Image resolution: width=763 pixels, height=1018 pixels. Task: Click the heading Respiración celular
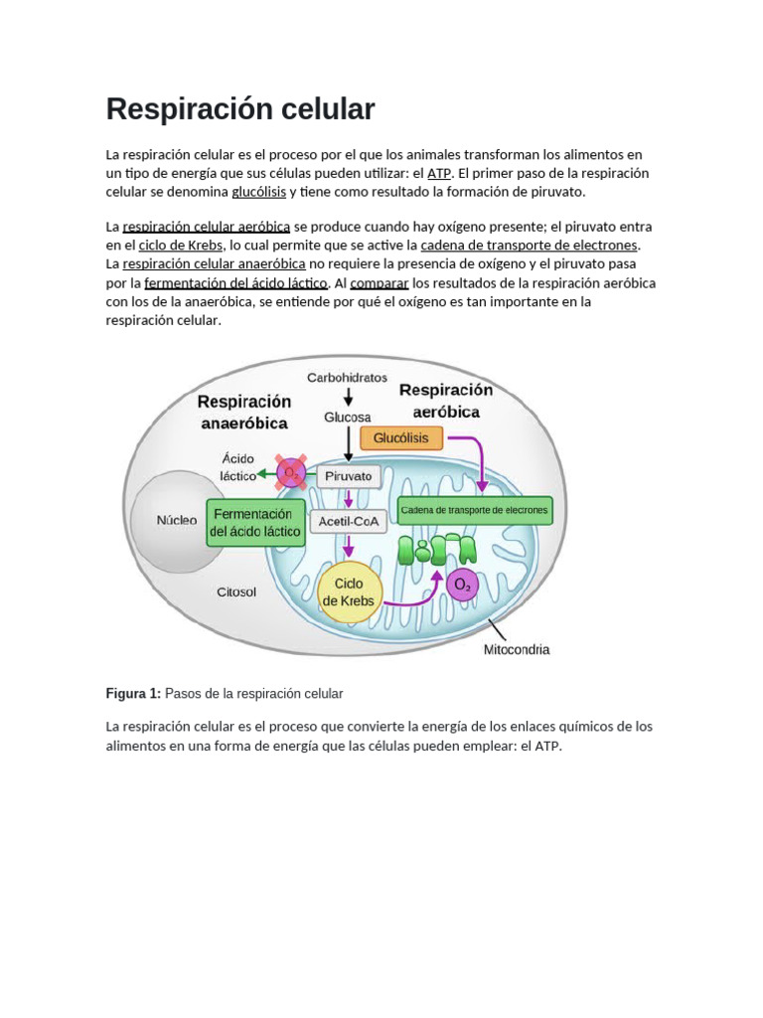coord(240,109)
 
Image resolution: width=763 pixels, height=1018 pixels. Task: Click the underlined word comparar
coord(380,282)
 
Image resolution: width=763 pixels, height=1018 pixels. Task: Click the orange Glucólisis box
coord(400,436)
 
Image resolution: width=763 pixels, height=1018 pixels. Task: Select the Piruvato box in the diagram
coord(348,476)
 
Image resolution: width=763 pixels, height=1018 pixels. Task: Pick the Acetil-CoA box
coord(347,520)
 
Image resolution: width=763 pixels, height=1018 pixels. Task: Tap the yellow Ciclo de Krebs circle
coord(349,592)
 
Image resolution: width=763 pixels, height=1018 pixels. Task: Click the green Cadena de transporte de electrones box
coord(473,510)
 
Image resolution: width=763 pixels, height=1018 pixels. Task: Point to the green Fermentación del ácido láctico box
coord(253,523)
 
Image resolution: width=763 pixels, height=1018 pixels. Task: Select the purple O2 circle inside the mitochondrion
coord(462,586)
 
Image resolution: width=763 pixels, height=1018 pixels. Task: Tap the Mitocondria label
coord(516,650)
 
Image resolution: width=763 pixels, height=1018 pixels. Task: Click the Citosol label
coord(236,592)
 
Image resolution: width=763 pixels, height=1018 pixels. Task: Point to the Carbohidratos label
coord(347,378)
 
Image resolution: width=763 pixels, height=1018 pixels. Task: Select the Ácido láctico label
coord(237,467)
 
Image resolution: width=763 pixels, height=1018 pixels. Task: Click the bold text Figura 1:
coord(132,693)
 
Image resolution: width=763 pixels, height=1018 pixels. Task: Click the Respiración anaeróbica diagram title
coord(243,412)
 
